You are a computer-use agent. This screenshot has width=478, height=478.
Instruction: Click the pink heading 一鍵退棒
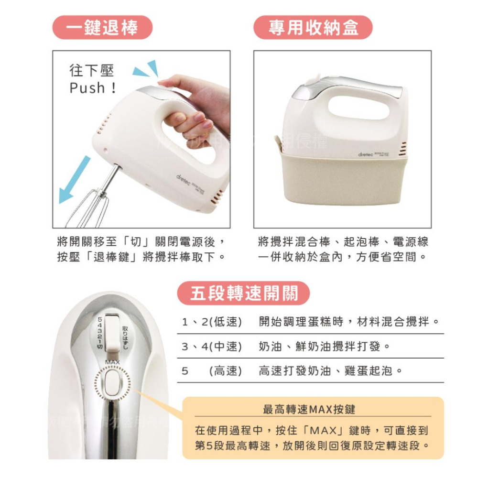pos(102,27)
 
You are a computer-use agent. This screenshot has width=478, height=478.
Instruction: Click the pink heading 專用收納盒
pos(313,27)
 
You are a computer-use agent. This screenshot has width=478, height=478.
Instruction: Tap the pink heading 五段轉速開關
pos(244,293)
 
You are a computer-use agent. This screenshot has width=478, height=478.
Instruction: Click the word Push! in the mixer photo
pos(93,88)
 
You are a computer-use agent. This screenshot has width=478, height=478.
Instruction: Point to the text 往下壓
pos(92,71)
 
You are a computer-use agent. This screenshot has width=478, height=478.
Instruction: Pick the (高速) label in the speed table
pos(226,370)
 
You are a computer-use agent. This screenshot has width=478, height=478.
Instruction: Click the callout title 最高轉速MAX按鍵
pos(309,409)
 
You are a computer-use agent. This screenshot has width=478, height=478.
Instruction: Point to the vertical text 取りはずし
pos(125,337)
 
